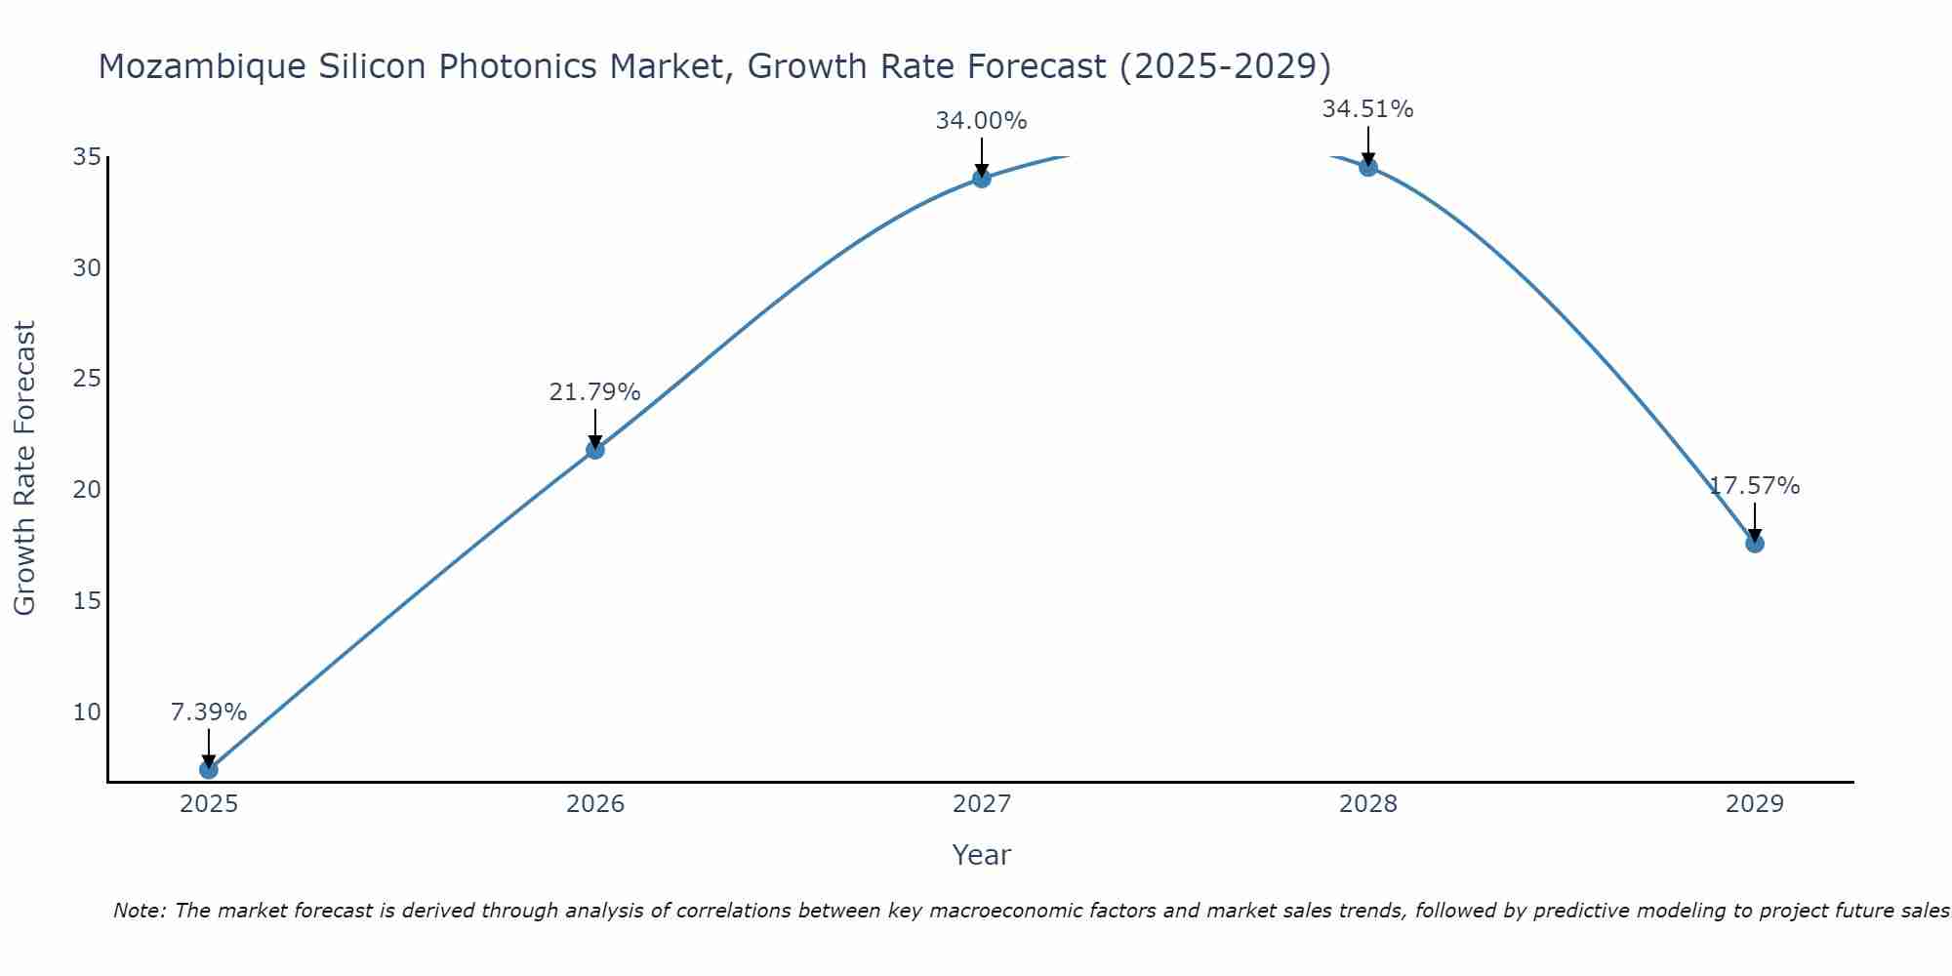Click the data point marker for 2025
click(209, 769)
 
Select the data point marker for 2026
click(595, 449)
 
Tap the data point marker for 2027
click(982, 178)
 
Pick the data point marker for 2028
click(1368, 167)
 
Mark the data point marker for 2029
click(1755, 543)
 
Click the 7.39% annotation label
click(209, 712)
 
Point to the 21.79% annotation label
click(595, 392)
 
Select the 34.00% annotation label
click(982, 121)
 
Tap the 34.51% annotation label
click(1368, 109)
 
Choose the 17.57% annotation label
click(1755, 486)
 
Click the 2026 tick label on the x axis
click(595, 804)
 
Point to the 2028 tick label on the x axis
click(1368, 804)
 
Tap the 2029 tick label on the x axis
click(1755, 804)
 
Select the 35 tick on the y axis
click(87, 157)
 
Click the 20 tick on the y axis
click(87, 489)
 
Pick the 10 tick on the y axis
click(87, 712)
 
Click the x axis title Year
click(982, 855)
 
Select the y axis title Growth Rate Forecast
click(25, 468)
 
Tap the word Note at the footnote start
click(140, 911)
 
